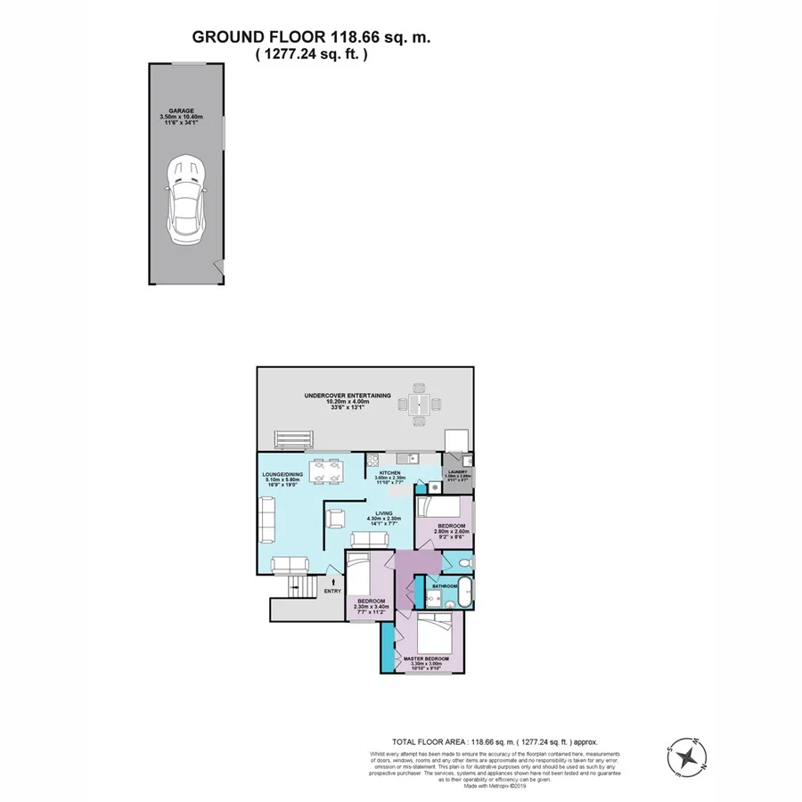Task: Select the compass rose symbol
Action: click(x=688, y=757)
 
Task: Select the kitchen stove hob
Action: click(x=373, y=461)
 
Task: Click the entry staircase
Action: click(x=302, y=588)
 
